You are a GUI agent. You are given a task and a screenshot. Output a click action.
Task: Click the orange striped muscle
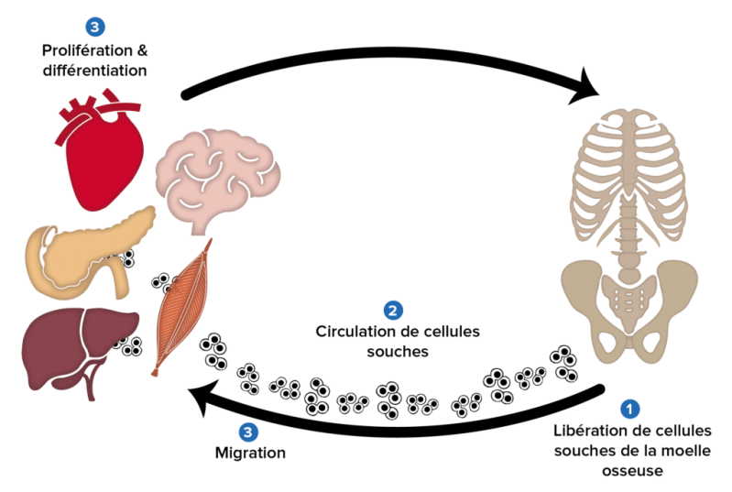[x=183, y=307]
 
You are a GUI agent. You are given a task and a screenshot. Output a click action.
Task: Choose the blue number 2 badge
[x=392, y=311]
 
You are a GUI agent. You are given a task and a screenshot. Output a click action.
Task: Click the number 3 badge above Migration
[x=249, y=432]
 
